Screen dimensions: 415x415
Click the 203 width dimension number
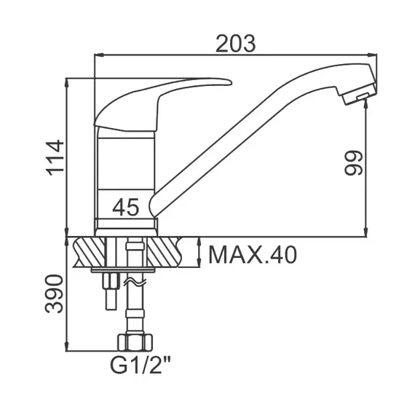pyautogui.click(x=236, y=44)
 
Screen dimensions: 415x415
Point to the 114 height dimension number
pyautogui.click(x=55, y=158)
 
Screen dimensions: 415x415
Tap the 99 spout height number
pyautogui.click(x=353, y=163)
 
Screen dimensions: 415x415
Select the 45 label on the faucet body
pyautogui.click(x=125, y=207)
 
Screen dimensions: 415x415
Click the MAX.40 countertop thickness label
pyautogui.click(x=253, y=255)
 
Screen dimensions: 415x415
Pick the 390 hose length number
pyautogui.click(x=54, y=294)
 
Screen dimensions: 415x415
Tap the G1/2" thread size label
pyautogui.click(x=140, y=365)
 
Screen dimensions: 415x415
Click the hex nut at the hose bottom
pyautogui.click(x=135, y=342)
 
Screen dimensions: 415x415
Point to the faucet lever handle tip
pyautogui.click(x=230, y=82)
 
